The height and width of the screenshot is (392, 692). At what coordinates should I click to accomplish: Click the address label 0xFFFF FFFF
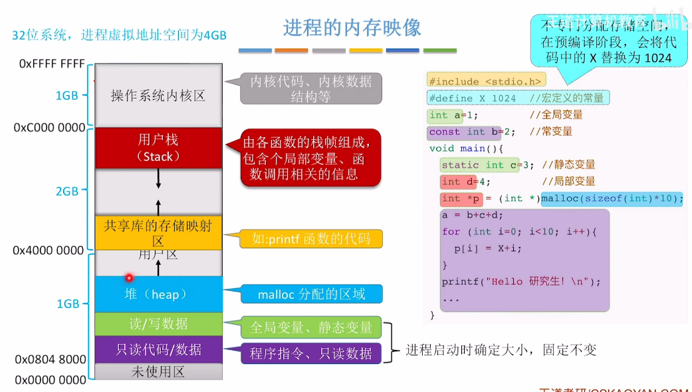click(52, 65)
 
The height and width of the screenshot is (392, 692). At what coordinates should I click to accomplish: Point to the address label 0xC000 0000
click(49, 127)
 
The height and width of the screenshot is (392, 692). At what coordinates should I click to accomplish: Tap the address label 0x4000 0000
click(49, 251)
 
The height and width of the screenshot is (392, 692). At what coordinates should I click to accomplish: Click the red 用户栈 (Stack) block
click(158, 148)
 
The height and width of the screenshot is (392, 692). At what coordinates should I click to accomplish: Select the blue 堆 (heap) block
click(158, 294)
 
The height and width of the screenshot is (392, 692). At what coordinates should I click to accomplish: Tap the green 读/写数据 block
click(158, 324)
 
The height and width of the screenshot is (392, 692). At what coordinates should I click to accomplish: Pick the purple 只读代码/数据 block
click(158, 349)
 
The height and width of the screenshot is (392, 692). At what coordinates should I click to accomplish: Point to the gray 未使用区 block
click(158, 372)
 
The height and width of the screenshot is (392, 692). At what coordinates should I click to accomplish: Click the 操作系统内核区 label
click(158, 96)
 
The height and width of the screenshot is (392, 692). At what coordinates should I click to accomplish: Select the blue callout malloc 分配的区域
click(311, 294)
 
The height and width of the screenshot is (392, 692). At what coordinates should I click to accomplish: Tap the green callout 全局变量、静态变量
click(310, 327)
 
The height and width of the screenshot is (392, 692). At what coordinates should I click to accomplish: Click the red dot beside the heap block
click(129, 278)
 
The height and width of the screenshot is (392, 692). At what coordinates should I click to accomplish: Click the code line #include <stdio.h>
click(486, 81)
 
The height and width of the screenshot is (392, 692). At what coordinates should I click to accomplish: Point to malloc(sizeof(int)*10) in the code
click(612, 198)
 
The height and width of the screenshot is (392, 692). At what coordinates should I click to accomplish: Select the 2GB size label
click(67, 191)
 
